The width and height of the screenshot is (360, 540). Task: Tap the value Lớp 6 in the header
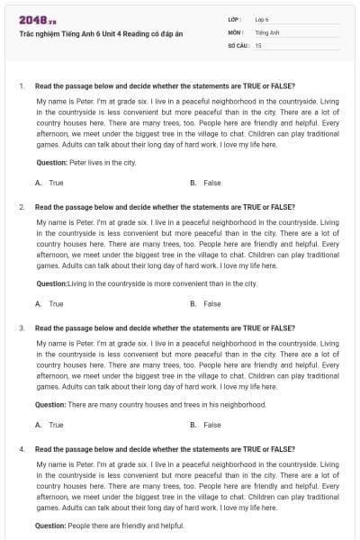pos(262,19)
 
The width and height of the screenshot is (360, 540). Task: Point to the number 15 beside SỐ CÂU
pos(258,44)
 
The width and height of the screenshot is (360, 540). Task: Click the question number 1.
pos(21,86)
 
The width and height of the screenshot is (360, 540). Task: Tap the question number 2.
pos(21,207)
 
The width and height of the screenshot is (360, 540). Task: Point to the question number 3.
pos(21,328)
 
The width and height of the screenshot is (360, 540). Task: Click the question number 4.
pos(21,448)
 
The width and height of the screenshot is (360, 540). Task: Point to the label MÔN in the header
pos(235,31)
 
